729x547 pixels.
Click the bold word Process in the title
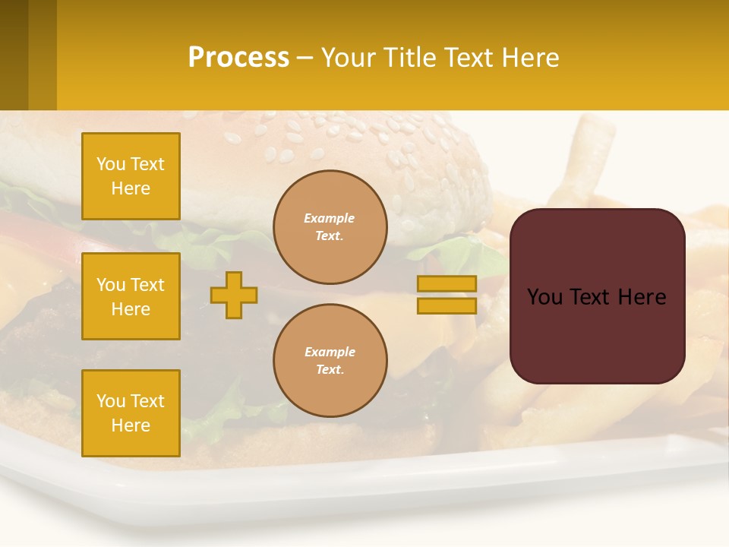(238, 58)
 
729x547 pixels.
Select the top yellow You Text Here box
(131, 176)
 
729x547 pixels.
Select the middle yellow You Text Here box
(131, 296)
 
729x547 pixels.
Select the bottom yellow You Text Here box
(131, 413)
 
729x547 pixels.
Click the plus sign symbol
(234, 296)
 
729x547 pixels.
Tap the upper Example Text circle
(330, 227)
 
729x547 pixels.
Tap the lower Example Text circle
(330, 361)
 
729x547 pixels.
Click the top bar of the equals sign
(447, 283)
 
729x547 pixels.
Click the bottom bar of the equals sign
(447, 305)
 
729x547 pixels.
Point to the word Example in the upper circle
(329, 218)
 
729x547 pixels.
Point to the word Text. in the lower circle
(330, 370)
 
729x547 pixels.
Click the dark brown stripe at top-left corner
(14, 55)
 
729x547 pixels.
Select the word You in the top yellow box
(111, 164)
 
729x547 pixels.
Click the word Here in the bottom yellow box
(131, 425)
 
